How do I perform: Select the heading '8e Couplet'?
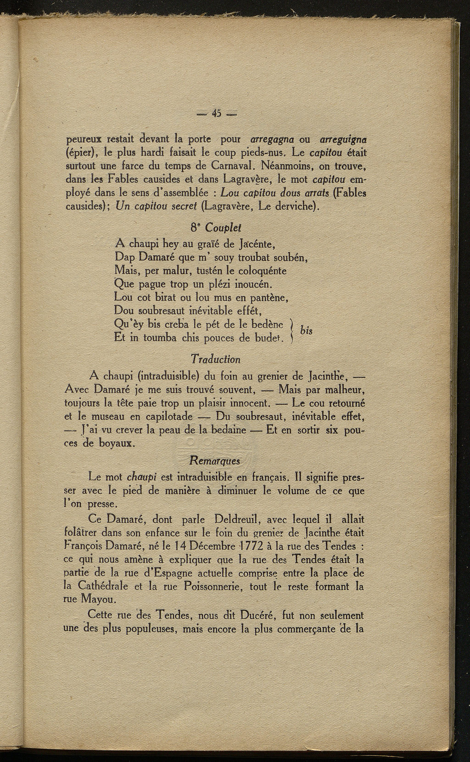(x=216, y=228)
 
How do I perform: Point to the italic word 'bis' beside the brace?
(x=306, y=332)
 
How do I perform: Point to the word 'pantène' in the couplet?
(x=266, y=298)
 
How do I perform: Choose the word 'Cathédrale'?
(x=105, y=587)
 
